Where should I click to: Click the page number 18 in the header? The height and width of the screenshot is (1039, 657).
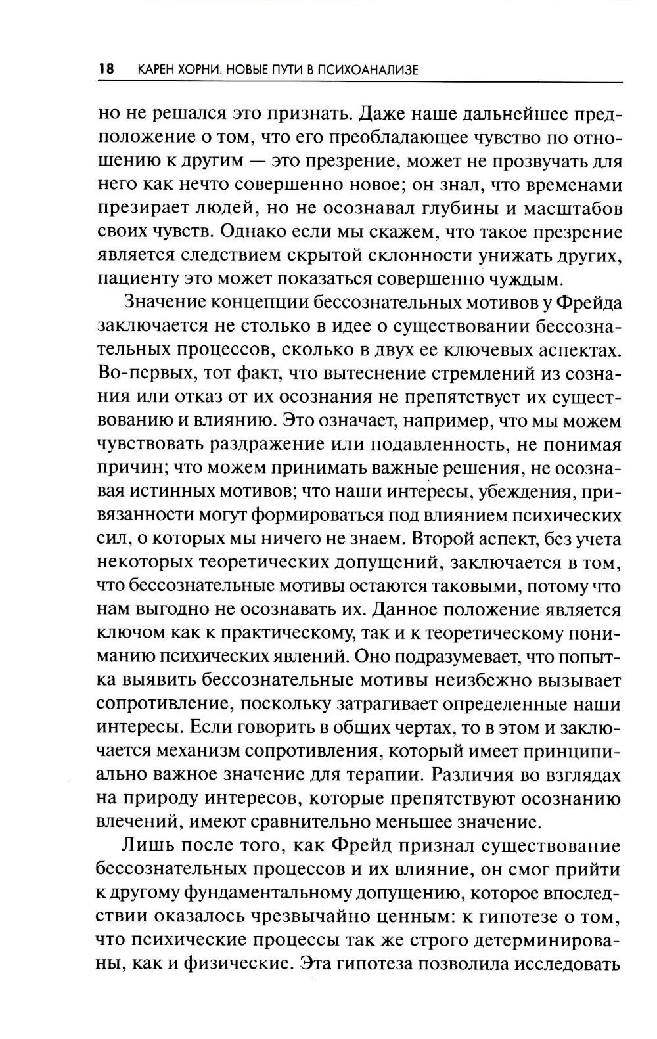[x=106, y=69]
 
